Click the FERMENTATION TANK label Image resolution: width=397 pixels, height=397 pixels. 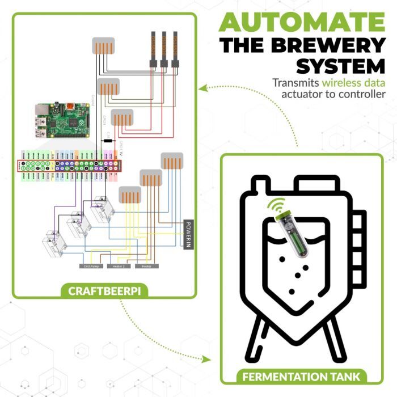pos(301,376)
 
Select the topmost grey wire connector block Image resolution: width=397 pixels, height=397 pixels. pos(104,47)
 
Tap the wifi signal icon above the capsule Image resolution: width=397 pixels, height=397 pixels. pos(277,204)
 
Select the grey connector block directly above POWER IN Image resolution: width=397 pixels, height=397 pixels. pos(172,161)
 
